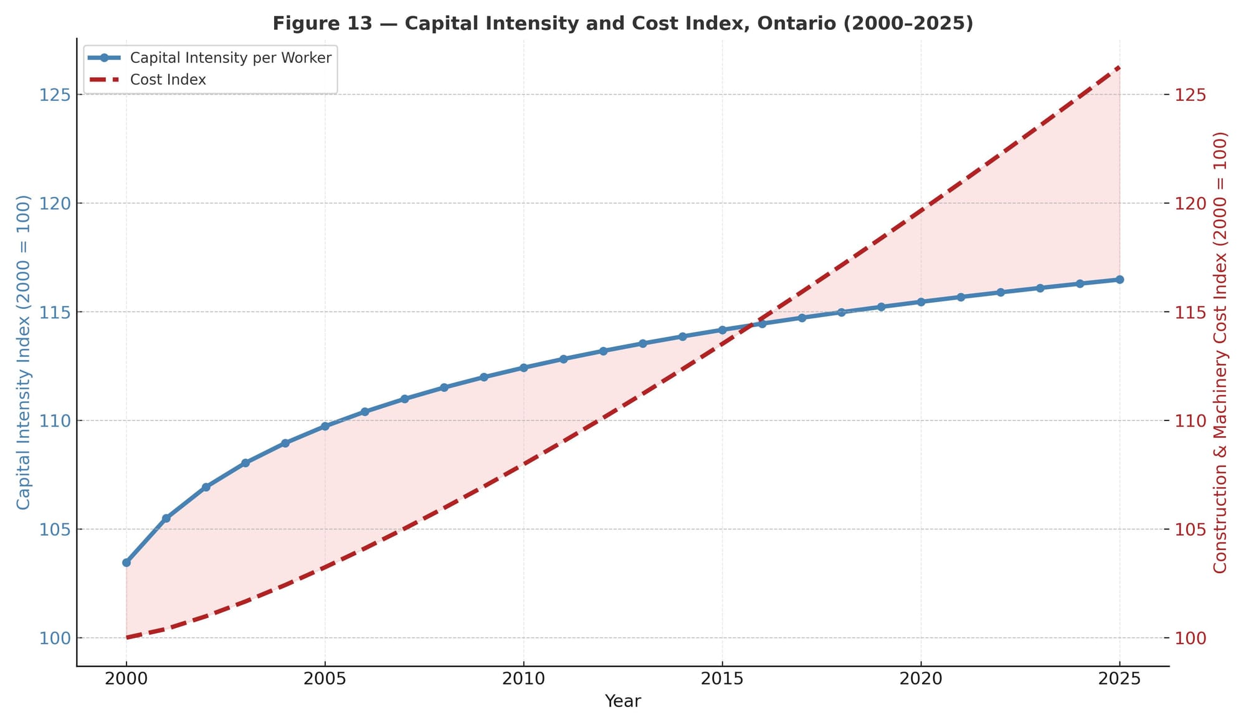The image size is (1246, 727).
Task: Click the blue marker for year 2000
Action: click(126, 563)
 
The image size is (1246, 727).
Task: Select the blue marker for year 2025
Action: click(1120, 280)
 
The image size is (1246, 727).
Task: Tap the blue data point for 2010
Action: click(523, 368)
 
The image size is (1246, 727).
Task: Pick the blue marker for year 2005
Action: click(325, 426)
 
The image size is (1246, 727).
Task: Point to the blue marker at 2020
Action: click(921, 302)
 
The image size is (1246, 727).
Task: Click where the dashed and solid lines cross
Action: click(755, 324)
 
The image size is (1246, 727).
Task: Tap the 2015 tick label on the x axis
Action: click(722, 679)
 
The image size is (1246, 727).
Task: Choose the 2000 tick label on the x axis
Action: click(126, 679)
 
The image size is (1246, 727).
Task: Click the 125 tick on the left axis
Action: click(54, 95)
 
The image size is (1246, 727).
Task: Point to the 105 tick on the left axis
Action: click(54, 530)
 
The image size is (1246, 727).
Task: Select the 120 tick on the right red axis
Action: click(1191, 203)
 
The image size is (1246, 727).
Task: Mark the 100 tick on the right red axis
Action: click(1191, 638)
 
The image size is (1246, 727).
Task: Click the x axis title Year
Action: click(622, 701)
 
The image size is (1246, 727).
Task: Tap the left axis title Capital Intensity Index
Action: click(23, 352)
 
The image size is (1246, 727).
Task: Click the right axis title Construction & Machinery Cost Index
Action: click(1220, 352)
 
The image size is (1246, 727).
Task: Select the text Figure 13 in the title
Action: click(322, 24)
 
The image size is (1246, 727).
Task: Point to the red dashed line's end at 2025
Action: click(1120, 67)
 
